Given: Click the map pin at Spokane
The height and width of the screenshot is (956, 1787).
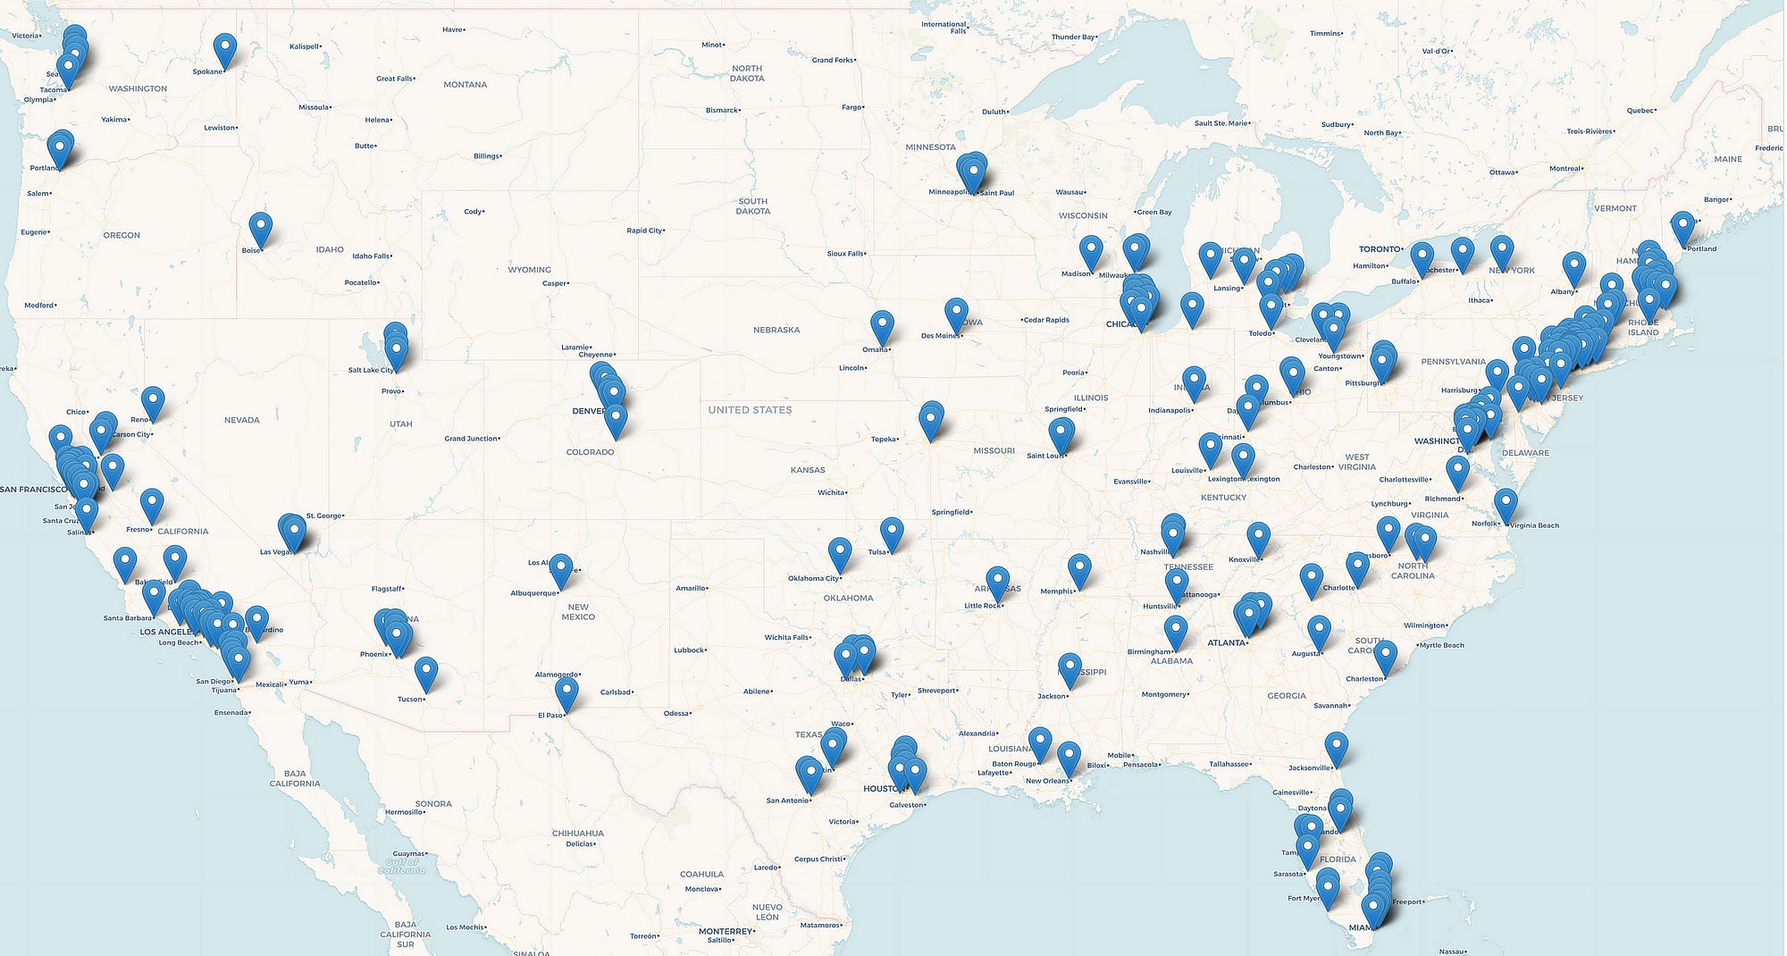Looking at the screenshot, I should click(225, 47).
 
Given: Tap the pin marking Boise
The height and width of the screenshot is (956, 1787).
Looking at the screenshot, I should click(260, 226).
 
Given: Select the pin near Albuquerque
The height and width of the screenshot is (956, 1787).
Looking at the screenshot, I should click(560, 568).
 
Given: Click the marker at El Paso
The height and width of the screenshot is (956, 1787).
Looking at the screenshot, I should click(566, 692).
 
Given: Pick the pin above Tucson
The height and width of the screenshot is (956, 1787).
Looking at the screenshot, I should click(426, 671).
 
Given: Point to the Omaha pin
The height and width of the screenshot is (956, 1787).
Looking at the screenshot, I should click(882, 325).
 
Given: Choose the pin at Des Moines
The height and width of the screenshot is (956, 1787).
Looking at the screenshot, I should click(956, 313).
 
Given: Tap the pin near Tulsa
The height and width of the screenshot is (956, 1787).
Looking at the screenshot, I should click(892, 532).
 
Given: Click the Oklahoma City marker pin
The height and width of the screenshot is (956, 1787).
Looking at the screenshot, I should click(840, 552).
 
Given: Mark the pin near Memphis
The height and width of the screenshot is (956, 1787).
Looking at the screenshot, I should click(1079, 568).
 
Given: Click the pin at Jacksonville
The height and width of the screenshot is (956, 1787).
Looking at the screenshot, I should click(1336, 746).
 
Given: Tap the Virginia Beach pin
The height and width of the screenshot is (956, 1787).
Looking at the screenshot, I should click(1506, 503).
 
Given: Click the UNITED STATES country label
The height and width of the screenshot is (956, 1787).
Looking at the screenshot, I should click(750, 410).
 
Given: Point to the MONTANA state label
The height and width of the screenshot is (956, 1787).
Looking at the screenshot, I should click(465, 85).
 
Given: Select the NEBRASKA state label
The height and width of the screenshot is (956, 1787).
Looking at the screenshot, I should click(776, 330).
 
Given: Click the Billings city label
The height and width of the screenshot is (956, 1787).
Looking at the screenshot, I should click(487, 156).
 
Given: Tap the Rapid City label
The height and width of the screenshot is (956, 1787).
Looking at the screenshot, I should click(644, 231).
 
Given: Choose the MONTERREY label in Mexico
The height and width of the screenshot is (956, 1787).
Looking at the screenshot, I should click(726, 931).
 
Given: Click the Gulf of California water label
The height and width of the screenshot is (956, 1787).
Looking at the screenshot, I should click(401, 866).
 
